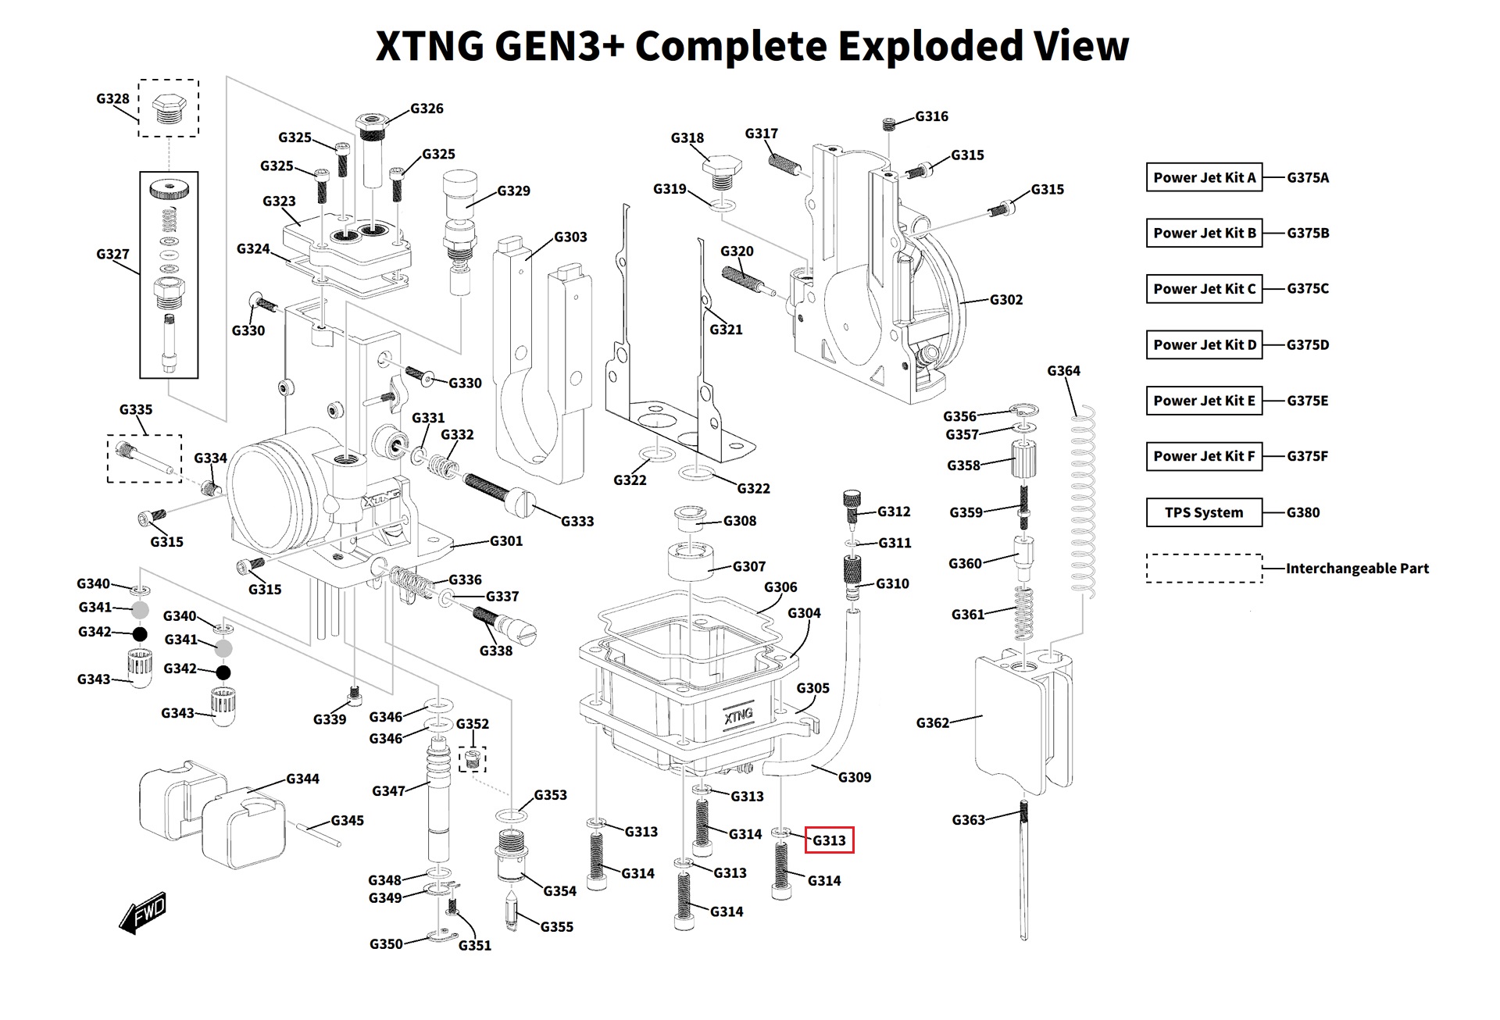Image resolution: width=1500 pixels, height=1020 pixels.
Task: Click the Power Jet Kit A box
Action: tap(1204, 177)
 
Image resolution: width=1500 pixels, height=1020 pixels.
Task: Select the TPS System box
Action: tap(1204, 512)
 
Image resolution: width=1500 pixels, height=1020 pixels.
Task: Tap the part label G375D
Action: tap(1308, 344)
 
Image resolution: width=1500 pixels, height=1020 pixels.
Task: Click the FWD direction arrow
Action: tap(143, 912)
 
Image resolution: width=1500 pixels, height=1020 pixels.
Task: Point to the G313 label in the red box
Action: tap(829, 840)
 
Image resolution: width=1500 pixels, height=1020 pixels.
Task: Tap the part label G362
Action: tap(933, 722)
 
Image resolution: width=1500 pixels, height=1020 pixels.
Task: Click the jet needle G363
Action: tap(1024, 868)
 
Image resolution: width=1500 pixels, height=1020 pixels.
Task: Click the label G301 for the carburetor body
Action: tap(506, 540)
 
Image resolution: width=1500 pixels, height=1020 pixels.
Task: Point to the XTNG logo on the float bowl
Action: tap(737, 715)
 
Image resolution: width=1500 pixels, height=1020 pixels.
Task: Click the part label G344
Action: tap(302, 778)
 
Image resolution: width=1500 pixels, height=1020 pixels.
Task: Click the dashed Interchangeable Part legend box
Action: tap(1204, 568)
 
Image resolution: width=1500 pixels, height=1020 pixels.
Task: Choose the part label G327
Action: tap(112, 254)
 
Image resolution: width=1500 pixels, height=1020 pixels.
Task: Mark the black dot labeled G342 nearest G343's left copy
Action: tap(140, 633)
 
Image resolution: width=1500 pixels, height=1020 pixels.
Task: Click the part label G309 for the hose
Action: tap(855, 777)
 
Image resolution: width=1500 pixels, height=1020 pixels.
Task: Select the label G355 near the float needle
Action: tap(557, 926)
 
